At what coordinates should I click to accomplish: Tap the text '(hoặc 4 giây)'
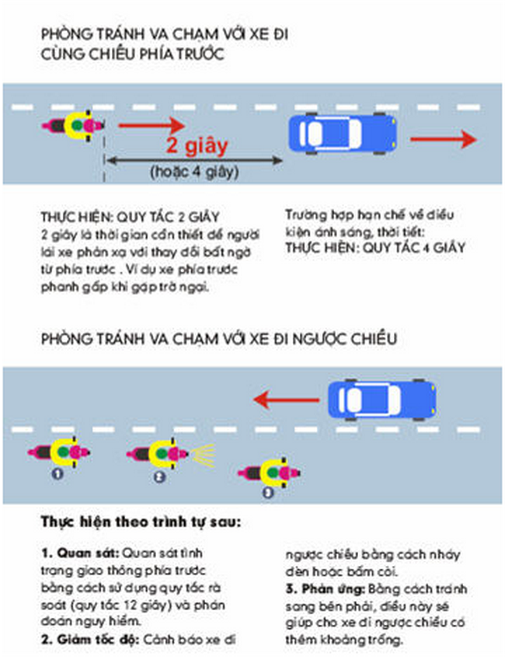[194, 172]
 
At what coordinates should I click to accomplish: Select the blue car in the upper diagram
[343, 134]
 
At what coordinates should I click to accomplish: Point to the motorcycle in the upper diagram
[72, 127]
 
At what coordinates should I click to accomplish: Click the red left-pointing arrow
[286, 400]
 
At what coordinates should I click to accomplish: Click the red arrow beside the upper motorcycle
[151, 124]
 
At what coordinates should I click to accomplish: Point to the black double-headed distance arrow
[194, 160]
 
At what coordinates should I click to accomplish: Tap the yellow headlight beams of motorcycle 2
[204, 454]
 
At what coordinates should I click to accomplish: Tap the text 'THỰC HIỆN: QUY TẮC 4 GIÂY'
[374, 248]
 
